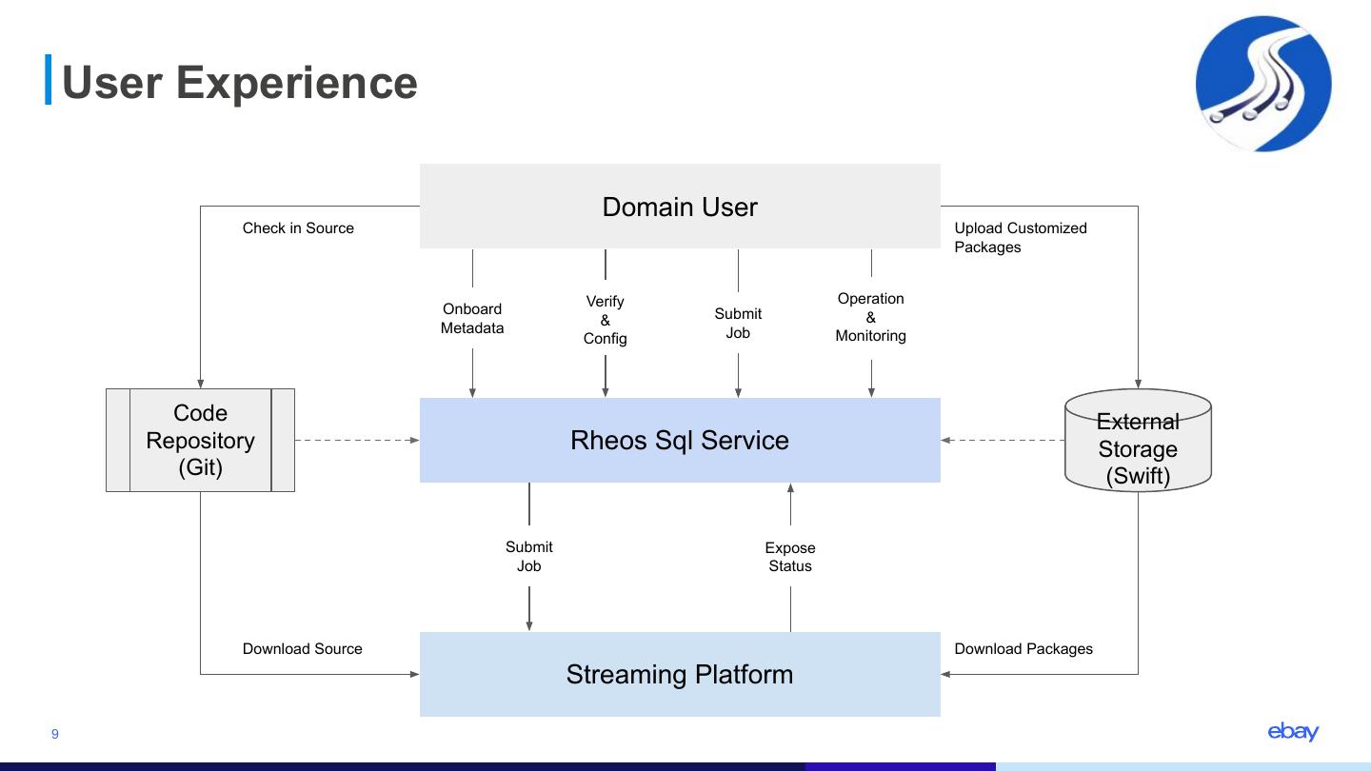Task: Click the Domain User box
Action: [x=680, y=207]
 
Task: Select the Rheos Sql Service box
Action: [x=680, y=440]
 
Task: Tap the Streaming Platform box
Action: [x=680, y=674]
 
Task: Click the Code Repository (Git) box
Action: [x=200, y=440]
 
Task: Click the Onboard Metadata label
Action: [x=472, y=319]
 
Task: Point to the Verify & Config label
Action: [x=606, y=320]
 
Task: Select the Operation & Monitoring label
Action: [x=870, y=317]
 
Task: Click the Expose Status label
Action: [x=790, y=557]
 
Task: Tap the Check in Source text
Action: [x=298, y=228]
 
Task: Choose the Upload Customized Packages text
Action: [x=1020, y=238]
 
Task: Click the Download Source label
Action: [x=303, y=649]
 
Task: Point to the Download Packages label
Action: [x=1023, y=649]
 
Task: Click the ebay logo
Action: [x=1293, y=731]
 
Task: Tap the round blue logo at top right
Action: [x=1263, y=84]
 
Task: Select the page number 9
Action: [x=55, y=734]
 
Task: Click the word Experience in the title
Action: [x=297, y=83]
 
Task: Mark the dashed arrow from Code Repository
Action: [x=357, y=440]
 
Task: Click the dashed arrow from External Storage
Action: [x=1003, y=440]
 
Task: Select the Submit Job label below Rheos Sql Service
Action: [x=529, y=556]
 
